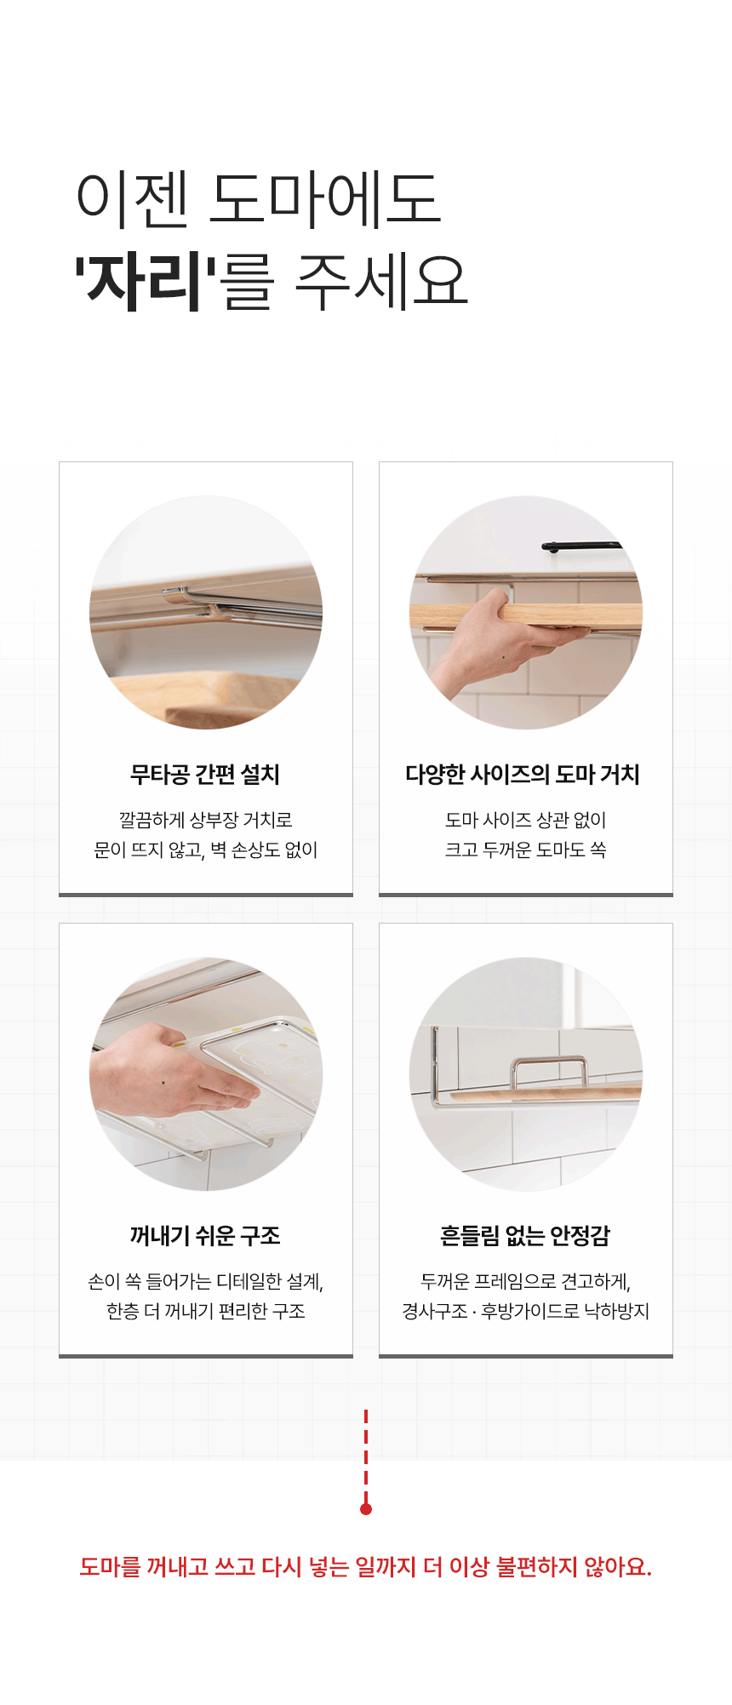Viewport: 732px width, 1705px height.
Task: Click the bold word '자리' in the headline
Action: point(146,280)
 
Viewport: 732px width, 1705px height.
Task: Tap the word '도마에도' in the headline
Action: point(325,199)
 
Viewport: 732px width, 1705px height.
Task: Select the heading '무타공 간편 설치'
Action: point(205,775)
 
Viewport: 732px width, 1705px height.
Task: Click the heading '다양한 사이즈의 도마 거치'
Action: point(523,775)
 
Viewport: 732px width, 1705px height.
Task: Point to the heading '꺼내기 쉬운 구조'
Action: point(205,1236)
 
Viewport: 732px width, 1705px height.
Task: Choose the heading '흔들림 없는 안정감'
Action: point(525,1236)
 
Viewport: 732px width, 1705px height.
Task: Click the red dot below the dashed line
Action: point(366,1509)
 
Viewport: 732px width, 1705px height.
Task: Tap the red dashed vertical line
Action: point(366,1456)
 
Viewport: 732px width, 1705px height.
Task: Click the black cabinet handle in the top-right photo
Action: point(582,546)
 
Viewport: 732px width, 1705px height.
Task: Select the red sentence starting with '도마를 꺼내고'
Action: point(366,1567)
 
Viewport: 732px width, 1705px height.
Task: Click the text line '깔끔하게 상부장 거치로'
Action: point(205,820)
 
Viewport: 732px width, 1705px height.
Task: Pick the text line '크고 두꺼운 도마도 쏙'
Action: point(525,850)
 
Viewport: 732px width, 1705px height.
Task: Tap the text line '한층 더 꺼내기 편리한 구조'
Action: point(205,1311)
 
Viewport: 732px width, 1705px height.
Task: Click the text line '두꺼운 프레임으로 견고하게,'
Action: point(525,1281)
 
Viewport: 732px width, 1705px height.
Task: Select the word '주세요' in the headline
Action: point(381,280)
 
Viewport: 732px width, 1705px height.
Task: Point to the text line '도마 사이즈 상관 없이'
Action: point(525,820)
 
